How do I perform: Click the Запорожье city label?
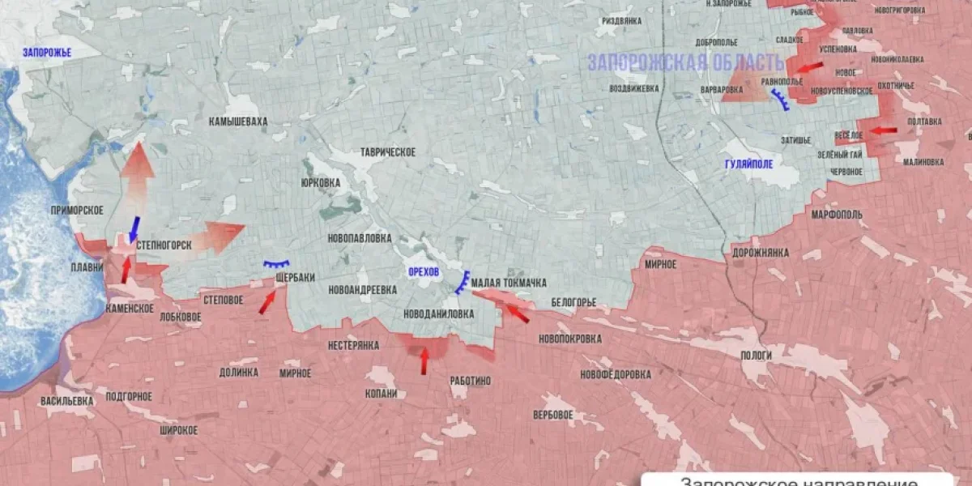click(x=46, y=53)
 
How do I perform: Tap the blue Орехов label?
click(x=424, y=272)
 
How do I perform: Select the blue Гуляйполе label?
click(x=748, y=164)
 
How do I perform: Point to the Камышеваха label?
click(x=237, y=122)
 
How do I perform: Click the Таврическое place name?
click(x=388, y=152)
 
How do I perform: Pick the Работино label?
click(x=471, y=379)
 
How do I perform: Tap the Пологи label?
click(x=757, y=356)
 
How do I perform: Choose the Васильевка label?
click(x=67, y=400)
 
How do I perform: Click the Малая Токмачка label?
click(x=509, y=283)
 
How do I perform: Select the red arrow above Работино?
click(x=424, y=360)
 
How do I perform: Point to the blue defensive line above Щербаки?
click(x=278, y=264)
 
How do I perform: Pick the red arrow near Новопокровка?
click(x=517, y=312)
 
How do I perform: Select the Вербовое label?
click(x=553, y=415)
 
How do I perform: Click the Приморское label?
click(x=77, y=210)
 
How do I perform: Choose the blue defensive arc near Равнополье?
click(x=781, y=100)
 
